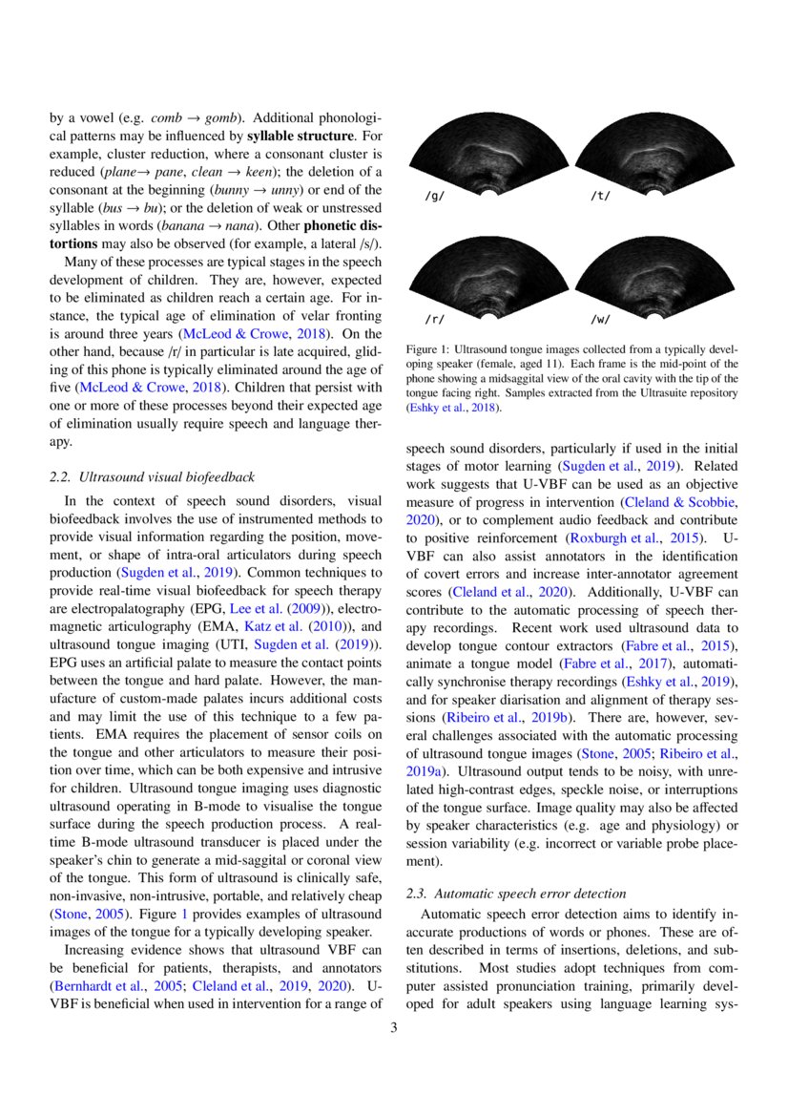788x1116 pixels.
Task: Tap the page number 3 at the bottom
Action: click(394, 1028)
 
